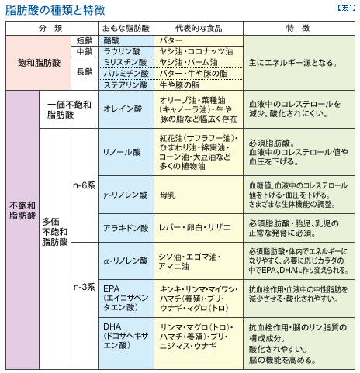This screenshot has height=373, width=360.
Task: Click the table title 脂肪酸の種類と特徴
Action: coord(55,10)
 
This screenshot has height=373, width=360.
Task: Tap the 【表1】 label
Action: coord(347,8)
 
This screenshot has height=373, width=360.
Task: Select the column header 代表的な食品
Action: coord(199,28)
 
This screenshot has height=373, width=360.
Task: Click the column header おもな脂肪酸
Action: coord(126,28)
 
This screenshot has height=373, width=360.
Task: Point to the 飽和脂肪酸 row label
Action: coord(39,63)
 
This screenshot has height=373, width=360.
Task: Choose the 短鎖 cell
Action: coord(85,41)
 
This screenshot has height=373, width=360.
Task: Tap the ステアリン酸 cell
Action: coord(126,85)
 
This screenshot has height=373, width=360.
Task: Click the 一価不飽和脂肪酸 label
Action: coord(69,109)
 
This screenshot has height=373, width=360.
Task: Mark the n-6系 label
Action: coord(85,185)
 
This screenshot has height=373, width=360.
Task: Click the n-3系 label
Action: coord(85,287)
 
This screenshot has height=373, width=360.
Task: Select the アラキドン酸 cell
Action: coord(126,228)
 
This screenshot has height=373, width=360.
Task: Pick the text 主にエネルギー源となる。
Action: coord(293,63)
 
